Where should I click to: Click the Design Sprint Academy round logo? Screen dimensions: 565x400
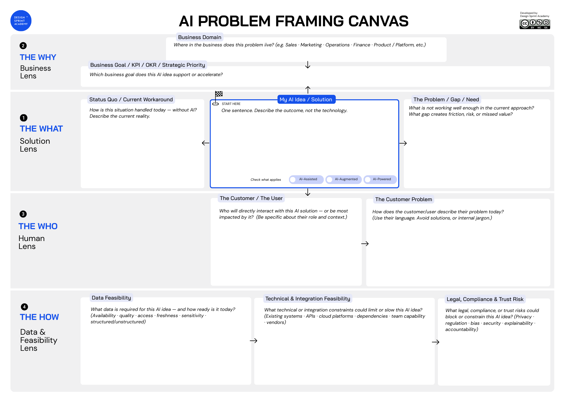21,21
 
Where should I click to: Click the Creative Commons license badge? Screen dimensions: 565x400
534,24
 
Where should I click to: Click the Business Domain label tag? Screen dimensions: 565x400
199,37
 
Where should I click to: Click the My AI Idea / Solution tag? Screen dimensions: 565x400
306,100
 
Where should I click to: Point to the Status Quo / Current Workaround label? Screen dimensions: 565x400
131,100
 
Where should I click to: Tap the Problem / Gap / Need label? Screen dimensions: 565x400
446,100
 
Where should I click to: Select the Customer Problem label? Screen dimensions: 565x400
403,199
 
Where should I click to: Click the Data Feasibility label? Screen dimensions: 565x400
111,298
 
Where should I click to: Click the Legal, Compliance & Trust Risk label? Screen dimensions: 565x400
485,299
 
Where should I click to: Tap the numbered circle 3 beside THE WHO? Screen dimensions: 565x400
23,214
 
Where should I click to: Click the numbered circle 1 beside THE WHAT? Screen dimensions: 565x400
24,118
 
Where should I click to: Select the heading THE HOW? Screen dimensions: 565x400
39,317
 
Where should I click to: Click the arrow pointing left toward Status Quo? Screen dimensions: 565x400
206,143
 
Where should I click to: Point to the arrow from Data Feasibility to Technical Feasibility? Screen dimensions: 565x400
253,341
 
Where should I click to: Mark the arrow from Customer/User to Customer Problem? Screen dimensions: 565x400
365,244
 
